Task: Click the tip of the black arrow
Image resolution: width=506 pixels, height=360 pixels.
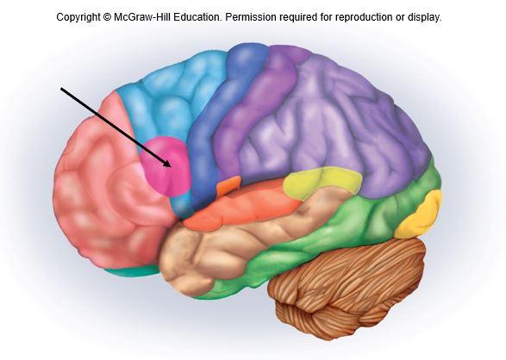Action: (171, 166)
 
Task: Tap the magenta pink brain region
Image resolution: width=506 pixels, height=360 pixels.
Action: (166, 166)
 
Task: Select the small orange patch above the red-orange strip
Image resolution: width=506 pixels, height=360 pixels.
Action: (228, 185)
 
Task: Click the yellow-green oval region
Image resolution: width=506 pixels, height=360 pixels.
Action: (321, 183)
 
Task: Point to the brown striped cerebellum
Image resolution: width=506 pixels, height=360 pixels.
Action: (347, 287)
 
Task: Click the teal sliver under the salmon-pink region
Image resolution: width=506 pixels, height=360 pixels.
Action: (132, 271)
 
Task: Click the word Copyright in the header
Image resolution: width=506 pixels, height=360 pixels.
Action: (78, 17)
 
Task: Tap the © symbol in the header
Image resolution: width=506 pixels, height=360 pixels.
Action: (107, 17)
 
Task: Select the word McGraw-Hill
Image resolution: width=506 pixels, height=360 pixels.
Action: (142, 17)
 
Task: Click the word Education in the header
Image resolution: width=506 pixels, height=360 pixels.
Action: (197, 17)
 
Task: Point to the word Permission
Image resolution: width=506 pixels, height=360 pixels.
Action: (251, 17)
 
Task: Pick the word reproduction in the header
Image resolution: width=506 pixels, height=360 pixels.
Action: (365, 17)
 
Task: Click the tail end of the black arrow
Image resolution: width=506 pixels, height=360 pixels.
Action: (61, 87)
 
